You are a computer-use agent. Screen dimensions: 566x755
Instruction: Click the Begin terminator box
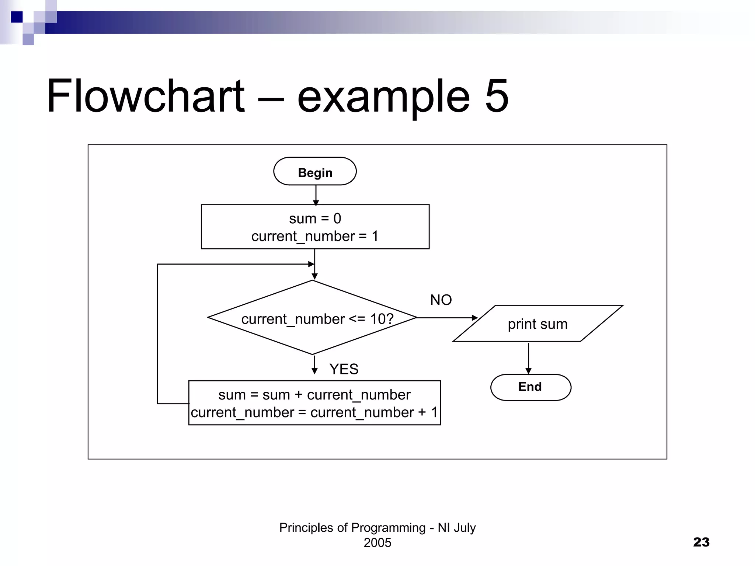tap(315, 171)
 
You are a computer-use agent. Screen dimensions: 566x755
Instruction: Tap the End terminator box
tap(530, 387)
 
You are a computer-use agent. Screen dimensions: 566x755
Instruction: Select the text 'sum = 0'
tap(315, 219)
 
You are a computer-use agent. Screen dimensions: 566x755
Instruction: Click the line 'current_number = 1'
tap(315, 236)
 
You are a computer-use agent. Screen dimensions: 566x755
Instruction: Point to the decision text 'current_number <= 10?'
tap(317, 319)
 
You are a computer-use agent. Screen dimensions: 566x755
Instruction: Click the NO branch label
tap(441, 300)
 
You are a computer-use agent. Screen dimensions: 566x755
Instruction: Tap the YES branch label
tap(344, 369)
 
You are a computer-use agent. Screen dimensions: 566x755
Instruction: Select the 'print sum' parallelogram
tap(537, 324)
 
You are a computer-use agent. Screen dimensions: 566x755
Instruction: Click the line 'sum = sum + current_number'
tap(314, 395)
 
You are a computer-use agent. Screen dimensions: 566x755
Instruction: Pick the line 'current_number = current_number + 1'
tap(314, 412)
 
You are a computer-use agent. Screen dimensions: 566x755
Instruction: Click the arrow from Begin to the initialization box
tap(316, 195)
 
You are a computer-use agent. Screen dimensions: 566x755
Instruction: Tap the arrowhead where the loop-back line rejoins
tap(311, 264)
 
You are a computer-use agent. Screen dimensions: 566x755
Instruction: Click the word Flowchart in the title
tap(145, 96)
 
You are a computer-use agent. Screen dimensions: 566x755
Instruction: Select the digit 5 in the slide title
tap(496, 96)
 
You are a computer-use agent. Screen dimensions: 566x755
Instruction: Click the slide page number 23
tap(701, 542)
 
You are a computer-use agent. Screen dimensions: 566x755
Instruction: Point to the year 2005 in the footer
tap(377, 543)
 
